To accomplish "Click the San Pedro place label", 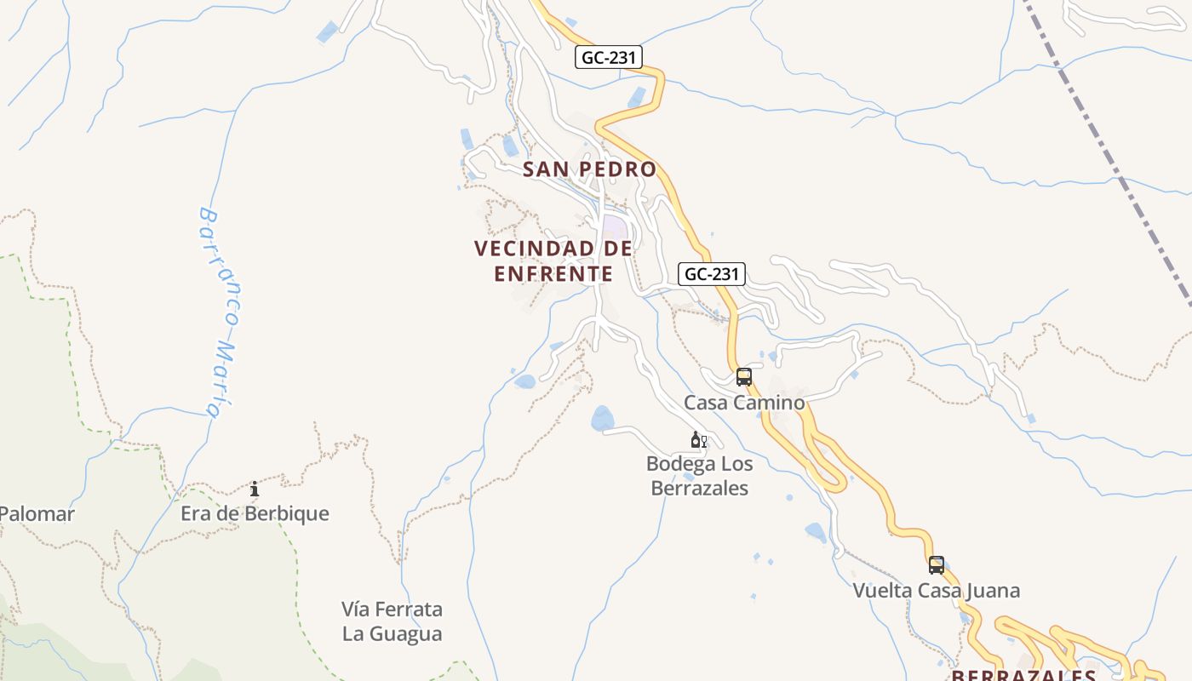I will click(589, 169).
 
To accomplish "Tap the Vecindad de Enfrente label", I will click(553, 260).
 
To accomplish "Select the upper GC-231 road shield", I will click(609, 57).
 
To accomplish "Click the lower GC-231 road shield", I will click(712, 274).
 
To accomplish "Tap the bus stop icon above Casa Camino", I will click(744, 377).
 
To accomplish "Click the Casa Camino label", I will click(744, 403).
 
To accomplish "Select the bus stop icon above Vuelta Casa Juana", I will click(937, 565).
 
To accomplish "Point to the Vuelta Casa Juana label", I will click(937, 591).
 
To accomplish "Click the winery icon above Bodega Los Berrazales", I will click(698, 440).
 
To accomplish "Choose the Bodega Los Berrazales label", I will click(699, 476).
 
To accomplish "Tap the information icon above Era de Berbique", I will click(255, 489).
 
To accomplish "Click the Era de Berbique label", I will click(255, 514).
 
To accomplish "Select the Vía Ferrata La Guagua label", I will click(393, 621).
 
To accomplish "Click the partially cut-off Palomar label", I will click(37, 514).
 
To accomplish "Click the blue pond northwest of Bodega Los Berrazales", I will click(603, 418).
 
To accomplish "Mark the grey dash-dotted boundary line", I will click(1107, 153).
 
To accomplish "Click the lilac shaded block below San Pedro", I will click(615, 228).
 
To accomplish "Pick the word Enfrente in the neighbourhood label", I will click(553, 274).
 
